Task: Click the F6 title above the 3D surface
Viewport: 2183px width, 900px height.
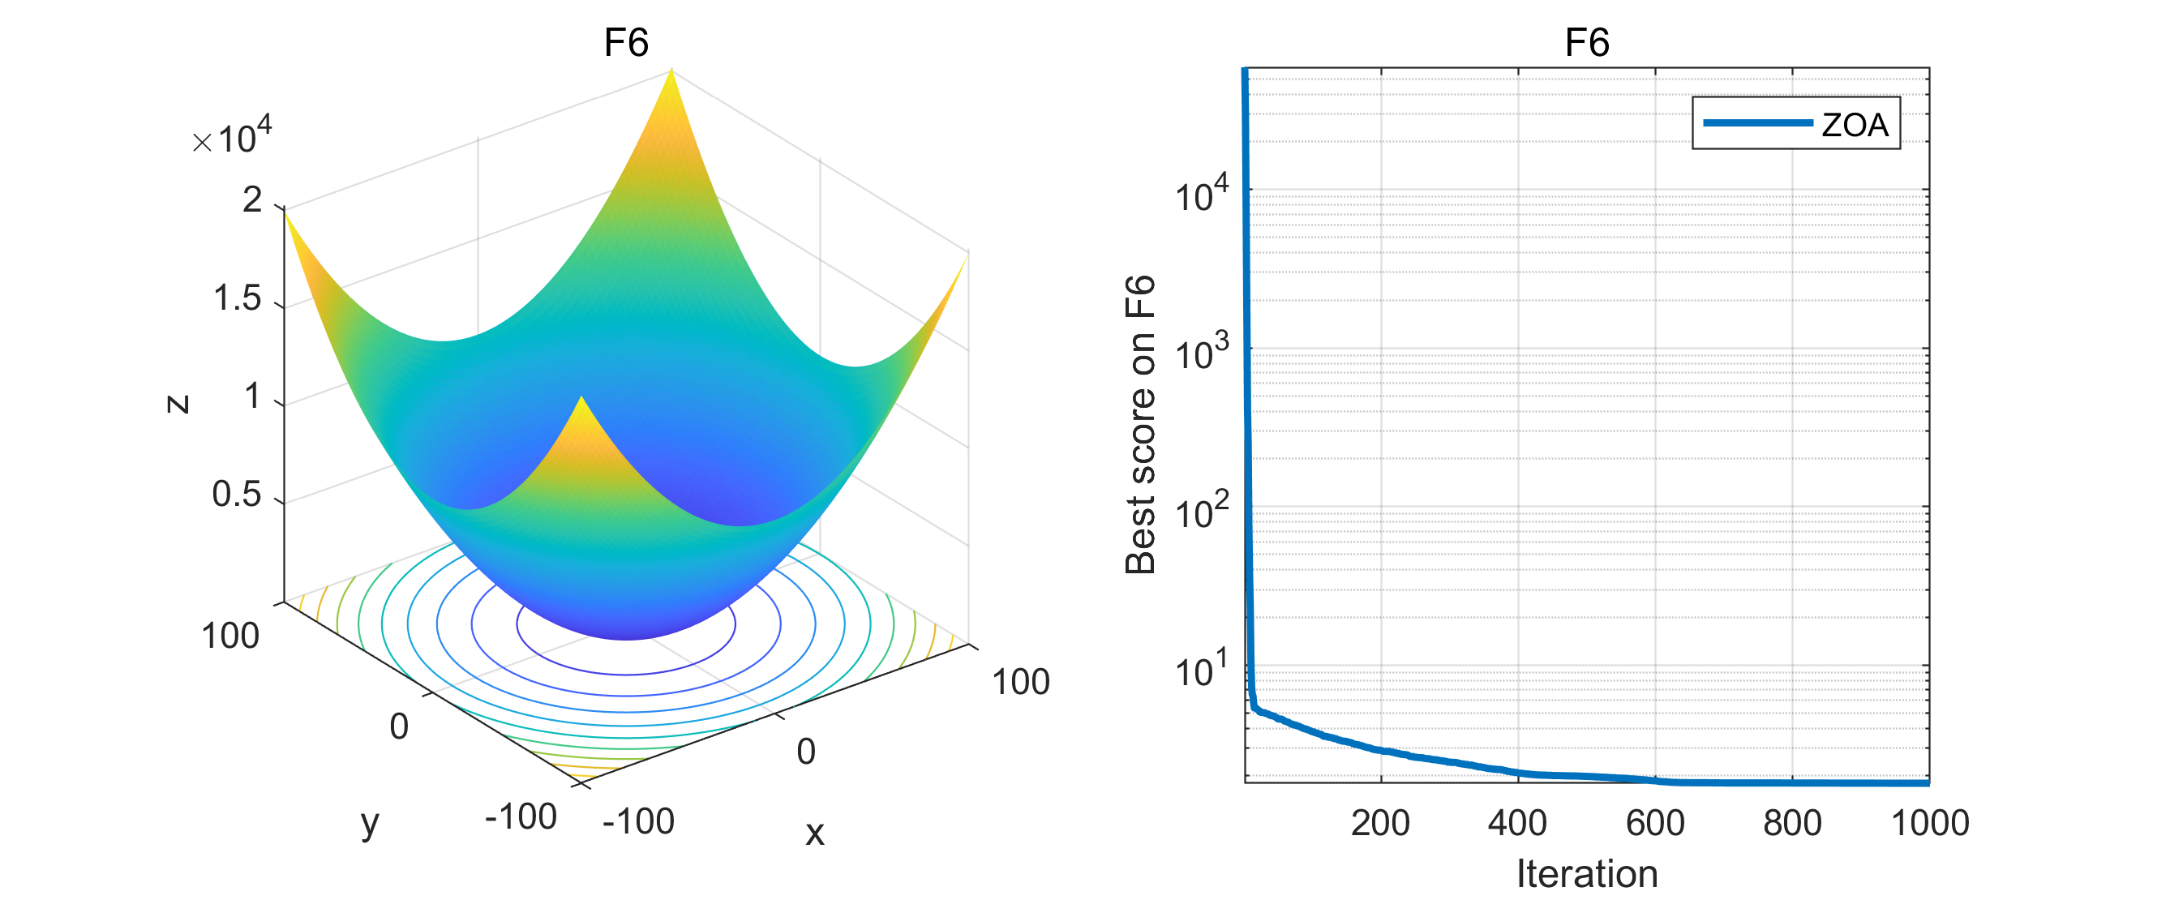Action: click(625, 42)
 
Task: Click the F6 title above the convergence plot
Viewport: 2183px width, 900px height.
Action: click(1585, 42)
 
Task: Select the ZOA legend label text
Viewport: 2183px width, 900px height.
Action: click(1855, 126)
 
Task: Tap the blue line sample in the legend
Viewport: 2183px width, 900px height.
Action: click(1756, 123)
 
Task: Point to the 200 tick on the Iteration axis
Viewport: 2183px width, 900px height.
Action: click(1379, 823)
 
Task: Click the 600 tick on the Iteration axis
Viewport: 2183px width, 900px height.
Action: click(1654, 823)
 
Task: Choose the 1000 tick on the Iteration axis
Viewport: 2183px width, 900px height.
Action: click(1930, 823)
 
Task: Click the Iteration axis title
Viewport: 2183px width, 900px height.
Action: click(1585, 873)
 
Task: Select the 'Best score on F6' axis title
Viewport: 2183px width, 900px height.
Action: click(1140, 425)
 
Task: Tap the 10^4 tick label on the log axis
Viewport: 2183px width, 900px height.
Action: click(1200, 193)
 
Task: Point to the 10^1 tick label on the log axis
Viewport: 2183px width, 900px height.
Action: click(1200, 669)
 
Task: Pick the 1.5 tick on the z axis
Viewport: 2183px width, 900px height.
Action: click(237, 298)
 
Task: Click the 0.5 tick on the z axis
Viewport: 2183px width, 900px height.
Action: click(237, 494)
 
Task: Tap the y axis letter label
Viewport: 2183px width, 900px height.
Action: click(370, 822)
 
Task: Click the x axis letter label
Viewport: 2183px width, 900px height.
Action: click(813, 833)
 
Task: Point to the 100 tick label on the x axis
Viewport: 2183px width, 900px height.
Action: click(1019, 682)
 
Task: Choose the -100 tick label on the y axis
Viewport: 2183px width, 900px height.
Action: click(520, 817)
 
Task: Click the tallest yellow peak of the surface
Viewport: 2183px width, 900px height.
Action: click(671, 73)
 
